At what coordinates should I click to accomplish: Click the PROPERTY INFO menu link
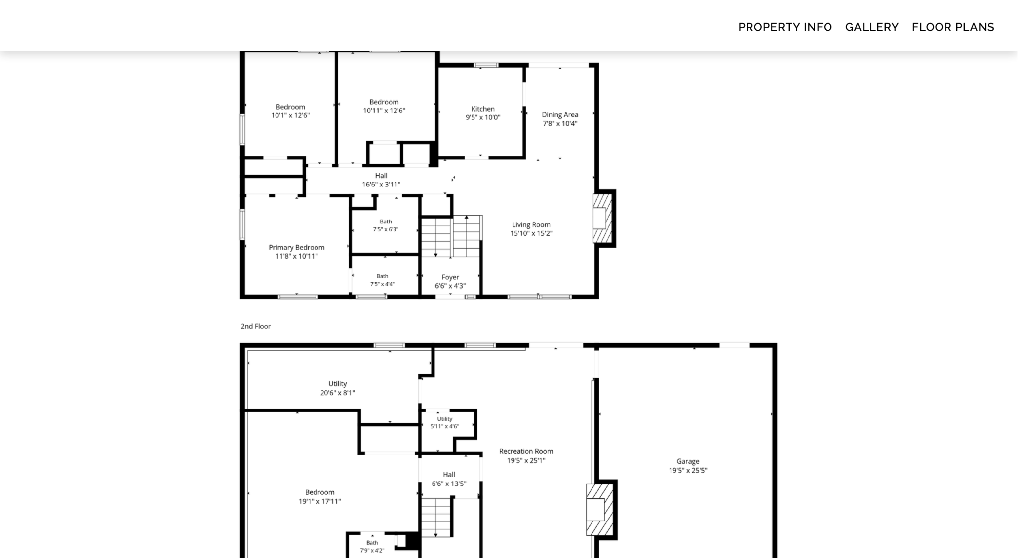(785, 27)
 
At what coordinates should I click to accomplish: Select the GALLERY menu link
(872, 27)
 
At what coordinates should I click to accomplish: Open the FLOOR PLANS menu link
(953, 27)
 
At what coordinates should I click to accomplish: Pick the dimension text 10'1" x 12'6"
(290, 115)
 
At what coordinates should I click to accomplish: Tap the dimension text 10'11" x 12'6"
(384, 111)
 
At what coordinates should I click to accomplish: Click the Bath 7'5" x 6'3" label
(386, 225)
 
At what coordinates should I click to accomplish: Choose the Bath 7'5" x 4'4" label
(383, 280)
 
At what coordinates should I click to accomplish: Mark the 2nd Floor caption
(256, 326)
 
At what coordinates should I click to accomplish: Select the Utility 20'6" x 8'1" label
(338, 388)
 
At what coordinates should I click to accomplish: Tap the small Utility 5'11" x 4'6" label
(445, 423)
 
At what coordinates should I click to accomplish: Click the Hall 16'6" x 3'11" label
(381, 180)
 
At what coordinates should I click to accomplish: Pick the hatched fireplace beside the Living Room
(602, 219)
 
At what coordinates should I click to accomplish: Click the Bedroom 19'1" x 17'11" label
(319, 497)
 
